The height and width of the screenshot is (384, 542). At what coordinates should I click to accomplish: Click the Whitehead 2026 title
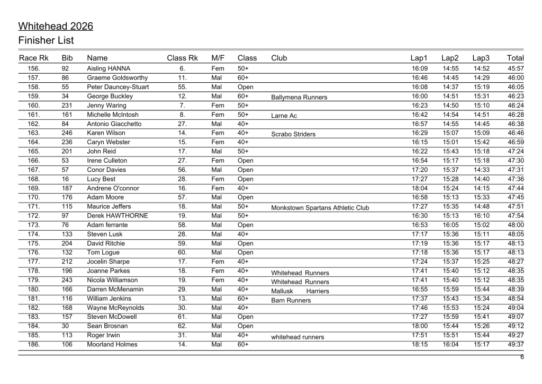click(x=56, y=26)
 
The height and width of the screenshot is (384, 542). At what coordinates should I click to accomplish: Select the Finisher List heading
click(x=46, y=40)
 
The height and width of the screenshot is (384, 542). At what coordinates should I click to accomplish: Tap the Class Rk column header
click(x=182, y=58)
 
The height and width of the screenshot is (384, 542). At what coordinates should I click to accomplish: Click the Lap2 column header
click(x=450, y=58)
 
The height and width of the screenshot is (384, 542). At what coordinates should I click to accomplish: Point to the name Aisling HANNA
click(x=109, y=68)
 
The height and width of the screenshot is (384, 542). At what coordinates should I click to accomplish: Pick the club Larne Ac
click(x=284, y=116)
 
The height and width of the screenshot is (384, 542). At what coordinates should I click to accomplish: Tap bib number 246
click(x=67, y=133)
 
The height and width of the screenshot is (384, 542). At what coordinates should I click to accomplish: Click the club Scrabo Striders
click(x=293, y=134)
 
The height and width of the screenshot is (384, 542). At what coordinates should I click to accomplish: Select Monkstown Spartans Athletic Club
click(x=320, y=208)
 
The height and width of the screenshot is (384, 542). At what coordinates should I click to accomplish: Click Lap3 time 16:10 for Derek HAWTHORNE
click(x=481, y=216)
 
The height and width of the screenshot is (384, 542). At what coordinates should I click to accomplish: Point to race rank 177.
click(x=34, y=261)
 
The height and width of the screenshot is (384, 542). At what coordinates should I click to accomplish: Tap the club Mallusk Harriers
click(x=300, y=291)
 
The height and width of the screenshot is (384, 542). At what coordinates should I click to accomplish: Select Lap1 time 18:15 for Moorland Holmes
click(x=419, y=344)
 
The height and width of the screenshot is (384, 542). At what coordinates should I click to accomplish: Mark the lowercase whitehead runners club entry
click(x=297, y=337)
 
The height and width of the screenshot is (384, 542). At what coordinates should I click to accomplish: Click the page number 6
click(x=521, y=357)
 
